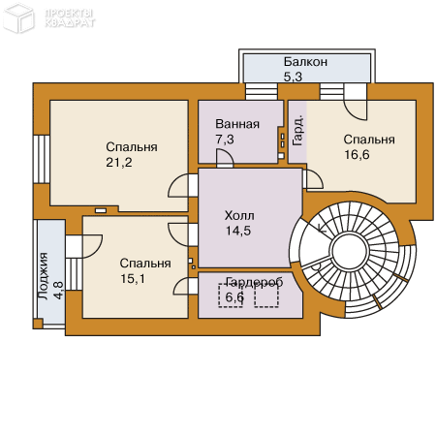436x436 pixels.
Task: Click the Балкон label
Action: [x=305, y=61]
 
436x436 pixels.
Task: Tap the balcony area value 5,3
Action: [x=293, y=77]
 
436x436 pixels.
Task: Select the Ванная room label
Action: [x=237, y=124]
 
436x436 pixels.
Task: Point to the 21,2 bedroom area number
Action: [x=119, y=162]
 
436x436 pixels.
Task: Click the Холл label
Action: [x=239, y=215]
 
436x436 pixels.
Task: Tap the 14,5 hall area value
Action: [x=238, y=231]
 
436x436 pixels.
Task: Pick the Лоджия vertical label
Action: [x=44, y=276]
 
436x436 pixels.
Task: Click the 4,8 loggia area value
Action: [x=58, y=291]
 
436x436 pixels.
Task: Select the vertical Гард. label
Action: [x=297, y=131]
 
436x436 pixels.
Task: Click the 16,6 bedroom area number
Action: [x=357, y=155]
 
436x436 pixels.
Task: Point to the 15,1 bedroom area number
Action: [x=133, y=278]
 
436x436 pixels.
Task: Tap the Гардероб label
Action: [x=255, y=282]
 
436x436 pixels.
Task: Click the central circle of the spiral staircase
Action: [x=349, y=251]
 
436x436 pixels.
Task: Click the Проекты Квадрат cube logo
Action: [x=18, y=17]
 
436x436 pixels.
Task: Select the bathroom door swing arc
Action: [x=225, y=157]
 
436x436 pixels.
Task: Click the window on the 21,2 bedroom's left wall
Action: [x=42, y=159]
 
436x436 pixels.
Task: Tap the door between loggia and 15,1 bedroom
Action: [x=84, y=247]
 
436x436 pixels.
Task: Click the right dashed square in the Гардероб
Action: [x=266, y=296]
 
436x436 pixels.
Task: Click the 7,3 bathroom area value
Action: [x=225, y=140]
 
